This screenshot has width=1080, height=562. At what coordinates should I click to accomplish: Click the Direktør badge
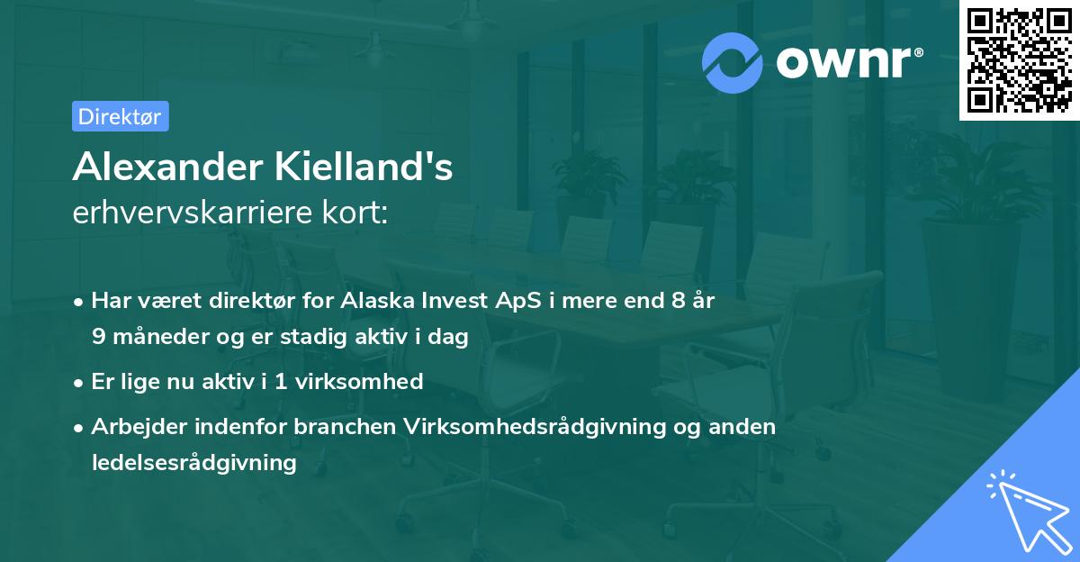click(120, 116)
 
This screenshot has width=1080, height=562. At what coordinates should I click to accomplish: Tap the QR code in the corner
click(1020, 60)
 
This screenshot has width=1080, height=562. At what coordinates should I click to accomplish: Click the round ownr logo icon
click(733, 62)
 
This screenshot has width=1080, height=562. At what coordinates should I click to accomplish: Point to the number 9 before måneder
click(99, 337)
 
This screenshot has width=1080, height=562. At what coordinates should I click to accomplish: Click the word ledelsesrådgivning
click(193, 463)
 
